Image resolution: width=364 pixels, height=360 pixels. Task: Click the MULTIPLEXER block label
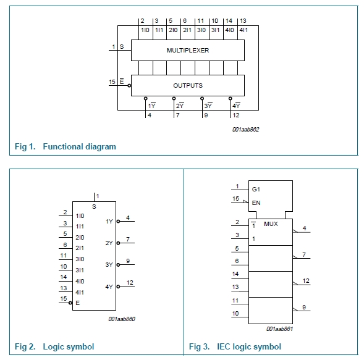point(188,51)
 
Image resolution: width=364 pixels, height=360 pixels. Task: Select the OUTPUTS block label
point(188,86)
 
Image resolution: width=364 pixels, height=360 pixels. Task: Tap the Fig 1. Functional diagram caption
point(66,146)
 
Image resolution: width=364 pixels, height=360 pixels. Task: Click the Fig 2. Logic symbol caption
point(54,346)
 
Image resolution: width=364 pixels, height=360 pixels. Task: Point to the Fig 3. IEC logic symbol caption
point(235,346)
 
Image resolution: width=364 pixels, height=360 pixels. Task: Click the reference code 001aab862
point(245,130)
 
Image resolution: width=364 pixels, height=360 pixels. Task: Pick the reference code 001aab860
point(122,319)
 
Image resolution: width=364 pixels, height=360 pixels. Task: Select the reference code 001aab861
point(279,329)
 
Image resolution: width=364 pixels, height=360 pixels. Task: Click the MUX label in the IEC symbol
point(271,224)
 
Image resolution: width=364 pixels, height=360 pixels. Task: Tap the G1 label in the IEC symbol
point(256,190)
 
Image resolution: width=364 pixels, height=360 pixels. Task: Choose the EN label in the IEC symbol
point(256,203)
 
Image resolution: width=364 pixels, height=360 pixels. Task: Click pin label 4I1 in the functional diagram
point(243,30)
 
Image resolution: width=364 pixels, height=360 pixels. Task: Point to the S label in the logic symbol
point(94,207)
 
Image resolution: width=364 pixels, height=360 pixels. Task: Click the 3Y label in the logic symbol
point(109,265)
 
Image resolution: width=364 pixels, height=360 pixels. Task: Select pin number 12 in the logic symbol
point(130,283)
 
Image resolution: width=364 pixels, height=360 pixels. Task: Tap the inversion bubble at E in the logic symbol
point(70,303)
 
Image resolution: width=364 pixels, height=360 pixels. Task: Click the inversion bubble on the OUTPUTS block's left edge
point(129,86)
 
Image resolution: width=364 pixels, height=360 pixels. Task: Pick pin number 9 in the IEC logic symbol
point(304,308)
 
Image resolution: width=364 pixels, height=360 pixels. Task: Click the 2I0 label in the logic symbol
point(80,238)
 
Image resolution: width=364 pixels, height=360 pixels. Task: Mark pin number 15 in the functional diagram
point(112,82)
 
